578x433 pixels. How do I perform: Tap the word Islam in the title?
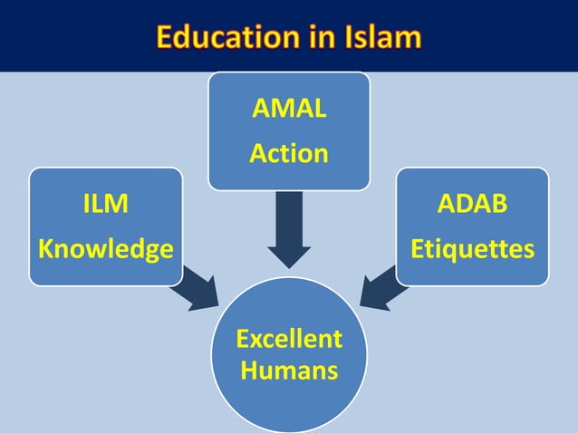click(381, 37)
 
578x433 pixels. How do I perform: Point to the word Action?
click(289, 153)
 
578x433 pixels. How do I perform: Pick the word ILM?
click(105, 206)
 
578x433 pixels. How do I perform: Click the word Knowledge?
click(105, 247)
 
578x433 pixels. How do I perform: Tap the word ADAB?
click(472, 206)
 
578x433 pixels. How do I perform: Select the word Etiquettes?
click(472, 247)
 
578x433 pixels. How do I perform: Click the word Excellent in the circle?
click(289, 339)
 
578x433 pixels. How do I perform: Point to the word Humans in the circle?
click(289, 370)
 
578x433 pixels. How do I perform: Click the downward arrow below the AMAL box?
click(289, 231)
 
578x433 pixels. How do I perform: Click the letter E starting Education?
click(165, 37)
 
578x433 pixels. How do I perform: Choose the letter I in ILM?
click(86, 206)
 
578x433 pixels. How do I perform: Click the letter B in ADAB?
click(499, 206)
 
